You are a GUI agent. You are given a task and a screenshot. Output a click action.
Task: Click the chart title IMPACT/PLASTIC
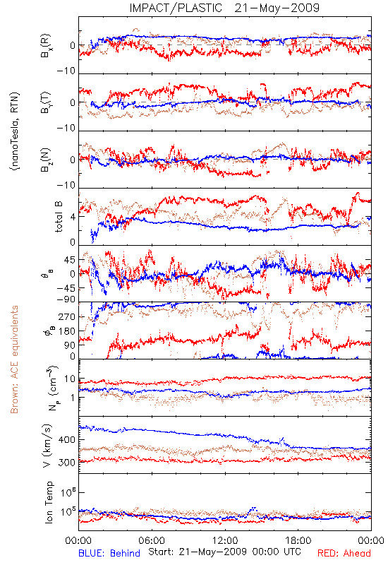[x=176, y=8]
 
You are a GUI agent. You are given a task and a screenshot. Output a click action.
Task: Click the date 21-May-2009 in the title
[x=277, y=8]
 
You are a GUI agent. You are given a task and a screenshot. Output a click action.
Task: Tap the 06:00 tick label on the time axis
[x=152, y=540]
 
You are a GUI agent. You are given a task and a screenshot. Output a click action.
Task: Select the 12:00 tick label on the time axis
[x=225, y=540]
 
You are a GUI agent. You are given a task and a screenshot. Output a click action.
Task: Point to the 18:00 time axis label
[x=298, y=540]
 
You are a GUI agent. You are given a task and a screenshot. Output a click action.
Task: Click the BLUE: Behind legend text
[x=109, y=553]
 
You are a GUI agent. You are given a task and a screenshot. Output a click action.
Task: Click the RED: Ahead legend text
[x=344, y=553]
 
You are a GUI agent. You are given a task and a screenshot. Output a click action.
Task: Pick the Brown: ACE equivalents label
[x=14, y=359]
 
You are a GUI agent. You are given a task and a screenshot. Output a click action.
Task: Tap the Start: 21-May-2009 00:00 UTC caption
[x=224, y=552]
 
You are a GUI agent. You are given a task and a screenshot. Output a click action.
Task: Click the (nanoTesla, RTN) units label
[x=15, y=131]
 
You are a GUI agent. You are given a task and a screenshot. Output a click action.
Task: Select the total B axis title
[x=59, y=217]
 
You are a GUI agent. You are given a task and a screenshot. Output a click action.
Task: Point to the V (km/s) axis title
[x=47, y=446]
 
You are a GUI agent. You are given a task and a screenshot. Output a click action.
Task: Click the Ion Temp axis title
[x=49, y=502]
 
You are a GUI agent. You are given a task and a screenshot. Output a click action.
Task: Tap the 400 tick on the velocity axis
[x=67, y=439]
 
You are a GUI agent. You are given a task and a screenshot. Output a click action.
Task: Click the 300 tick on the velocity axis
[x=67, y=463]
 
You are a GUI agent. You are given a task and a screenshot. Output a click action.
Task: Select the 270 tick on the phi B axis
[x=67, y=316]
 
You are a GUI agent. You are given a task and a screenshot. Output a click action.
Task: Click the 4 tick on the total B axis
[x=73, y=218]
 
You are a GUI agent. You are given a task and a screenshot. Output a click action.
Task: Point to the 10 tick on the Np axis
[x=70, y=379]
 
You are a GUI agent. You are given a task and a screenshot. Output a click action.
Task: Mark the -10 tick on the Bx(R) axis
[x=66, y=71]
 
